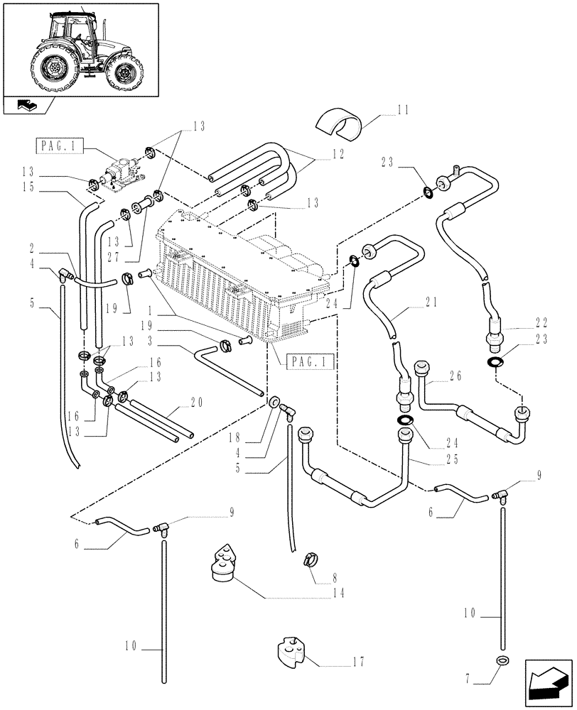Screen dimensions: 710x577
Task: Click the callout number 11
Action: click(403, 110)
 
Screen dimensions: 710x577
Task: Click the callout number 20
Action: click(197, 403)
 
